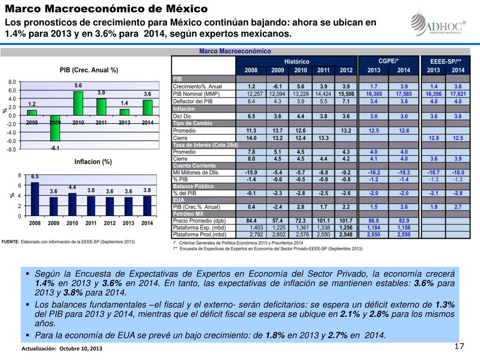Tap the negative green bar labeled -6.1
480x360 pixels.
[x=55, y=128]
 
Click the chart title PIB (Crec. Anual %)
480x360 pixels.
[x=89, y=70]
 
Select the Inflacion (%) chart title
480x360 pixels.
[x=93, y=162]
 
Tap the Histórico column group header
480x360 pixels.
[x=297, y=61]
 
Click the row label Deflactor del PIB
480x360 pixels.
[x=193, y=101]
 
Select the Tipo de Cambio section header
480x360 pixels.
[x=193, y=123]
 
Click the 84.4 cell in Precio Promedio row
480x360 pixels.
[x=251, y=220]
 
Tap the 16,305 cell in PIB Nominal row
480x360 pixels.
[x=374, y=94]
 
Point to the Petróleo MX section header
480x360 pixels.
[x=188, y=214]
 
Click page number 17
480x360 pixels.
[x=459, y=346]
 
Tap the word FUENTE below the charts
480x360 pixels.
[x=10, y=241]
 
